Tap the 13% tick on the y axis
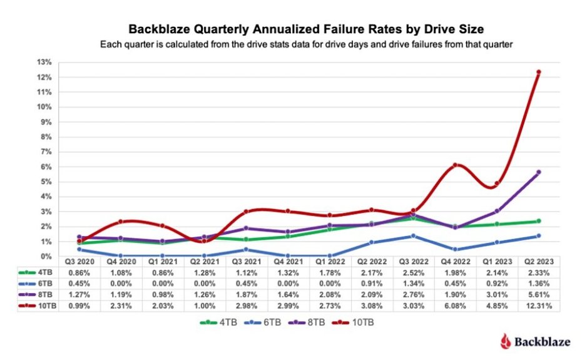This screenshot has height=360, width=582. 44,62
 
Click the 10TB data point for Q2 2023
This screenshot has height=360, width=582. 538,73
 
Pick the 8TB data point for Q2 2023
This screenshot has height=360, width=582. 538,172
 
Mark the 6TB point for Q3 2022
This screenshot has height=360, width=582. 413,236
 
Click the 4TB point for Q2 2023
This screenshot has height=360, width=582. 538,221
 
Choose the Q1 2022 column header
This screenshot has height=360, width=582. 330,261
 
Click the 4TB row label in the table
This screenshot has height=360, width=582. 41,272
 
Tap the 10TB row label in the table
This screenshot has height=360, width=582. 41,306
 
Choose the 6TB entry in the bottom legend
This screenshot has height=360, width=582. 266,322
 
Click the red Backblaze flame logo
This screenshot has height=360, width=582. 505,341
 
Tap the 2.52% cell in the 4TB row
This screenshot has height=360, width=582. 413,272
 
